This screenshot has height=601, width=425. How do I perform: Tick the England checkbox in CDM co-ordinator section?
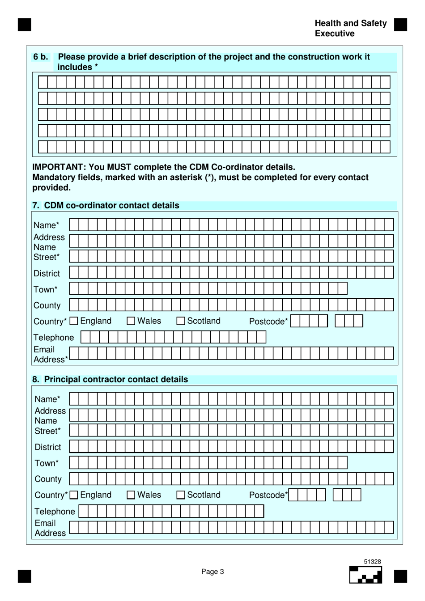pyautogui.click(x=74, y=321)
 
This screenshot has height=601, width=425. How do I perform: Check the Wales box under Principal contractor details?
pyautogui.click(x=131, y=495)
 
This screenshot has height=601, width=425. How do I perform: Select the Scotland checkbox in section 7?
pyautogui.click(x=181, y=321)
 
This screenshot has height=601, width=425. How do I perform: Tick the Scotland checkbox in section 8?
pyautogui.click(x=181, y=495)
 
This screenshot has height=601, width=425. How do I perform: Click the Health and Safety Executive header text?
pyautogui.click(x=350, y=28)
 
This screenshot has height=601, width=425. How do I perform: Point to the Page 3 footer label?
pyautogui.click(x=212, y=571)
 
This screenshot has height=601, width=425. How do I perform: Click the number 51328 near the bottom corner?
pyautogui.click(x=372, y=562)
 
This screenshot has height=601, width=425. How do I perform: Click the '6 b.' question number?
pyautogui.click(x=41, y=57)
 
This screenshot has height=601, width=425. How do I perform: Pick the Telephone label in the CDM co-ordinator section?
pyautogui.click(x=54, y=338)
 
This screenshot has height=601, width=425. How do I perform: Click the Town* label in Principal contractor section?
pyautogui.click(x=47, y=463)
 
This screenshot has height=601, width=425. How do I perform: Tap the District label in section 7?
pyautogui.click(x=47, y=274)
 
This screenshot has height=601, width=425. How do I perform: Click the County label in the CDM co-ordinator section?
pyautogui.click(x=47, y=305)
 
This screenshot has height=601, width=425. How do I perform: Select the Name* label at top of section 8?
pyautogui.click(x=47, y=399)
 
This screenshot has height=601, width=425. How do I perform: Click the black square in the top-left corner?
pyautogui.click(x=25, y=25)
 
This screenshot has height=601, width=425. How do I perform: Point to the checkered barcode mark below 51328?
pyautogui.click(x=366, y=575)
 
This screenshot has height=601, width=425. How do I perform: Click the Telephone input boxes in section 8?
pyautogui.click(x=171, y=511)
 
